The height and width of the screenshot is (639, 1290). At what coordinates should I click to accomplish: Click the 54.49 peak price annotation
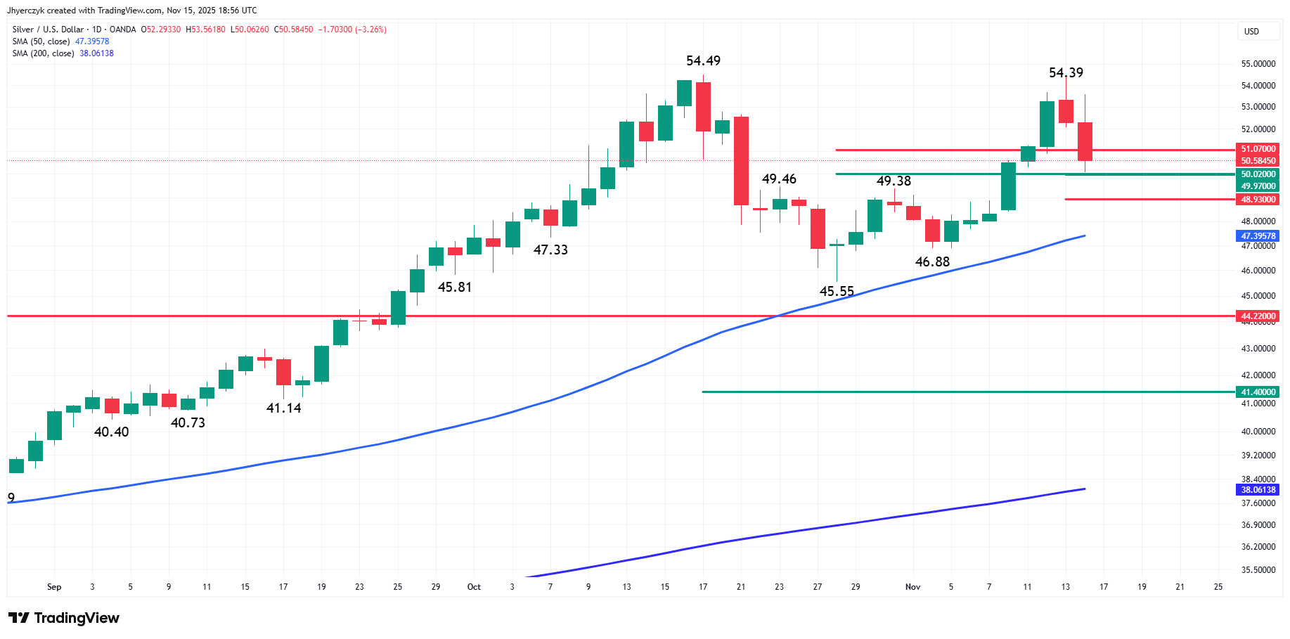(703, 61)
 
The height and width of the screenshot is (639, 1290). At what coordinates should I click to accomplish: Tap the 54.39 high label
(1066, 73)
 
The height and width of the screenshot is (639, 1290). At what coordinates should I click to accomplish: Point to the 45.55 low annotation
(837, 291)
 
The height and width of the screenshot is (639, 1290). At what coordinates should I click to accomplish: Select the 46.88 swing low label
(932, 262)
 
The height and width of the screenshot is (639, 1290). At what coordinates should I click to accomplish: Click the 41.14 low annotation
(283, 408)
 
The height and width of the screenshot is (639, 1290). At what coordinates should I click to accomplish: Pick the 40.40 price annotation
(111, 432)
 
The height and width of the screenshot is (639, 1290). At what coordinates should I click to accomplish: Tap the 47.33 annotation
(550, 250)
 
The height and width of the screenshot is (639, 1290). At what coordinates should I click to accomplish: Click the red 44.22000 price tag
(1258, 316)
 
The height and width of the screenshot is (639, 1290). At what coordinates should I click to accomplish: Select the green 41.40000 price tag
(1258, 392)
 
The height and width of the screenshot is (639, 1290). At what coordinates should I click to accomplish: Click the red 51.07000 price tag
(1258, 149)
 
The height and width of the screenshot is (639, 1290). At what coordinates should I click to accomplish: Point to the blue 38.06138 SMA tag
(1258, 490)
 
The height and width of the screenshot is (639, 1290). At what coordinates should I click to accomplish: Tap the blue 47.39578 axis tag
(1258, 236)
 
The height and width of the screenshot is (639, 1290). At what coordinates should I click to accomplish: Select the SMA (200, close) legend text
(43, 53)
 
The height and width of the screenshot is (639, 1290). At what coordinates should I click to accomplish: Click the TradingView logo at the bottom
(64, 618)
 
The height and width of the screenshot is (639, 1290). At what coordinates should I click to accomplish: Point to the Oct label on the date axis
(474, 587)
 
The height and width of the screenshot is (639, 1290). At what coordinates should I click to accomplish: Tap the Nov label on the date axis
(912, 587)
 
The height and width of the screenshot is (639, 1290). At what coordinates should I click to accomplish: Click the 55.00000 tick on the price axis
(1258, 64)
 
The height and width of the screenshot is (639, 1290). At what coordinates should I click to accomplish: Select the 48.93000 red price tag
(1258, 200)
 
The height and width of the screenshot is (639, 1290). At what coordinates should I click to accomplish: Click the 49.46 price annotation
(779, 179)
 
